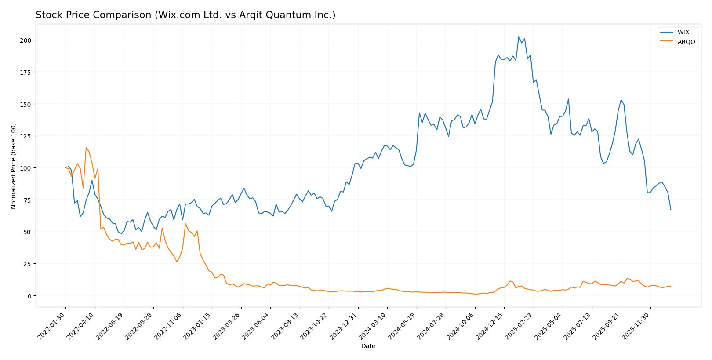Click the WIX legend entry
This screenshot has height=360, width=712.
683,32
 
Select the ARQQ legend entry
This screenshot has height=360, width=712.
686,42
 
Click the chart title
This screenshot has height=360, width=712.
185,15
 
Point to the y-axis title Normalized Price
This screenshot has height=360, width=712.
14,166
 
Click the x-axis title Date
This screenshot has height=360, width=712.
368,346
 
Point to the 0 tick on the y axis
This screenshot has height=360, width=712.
29,296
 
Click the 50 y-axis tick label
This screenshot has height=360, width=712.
26,232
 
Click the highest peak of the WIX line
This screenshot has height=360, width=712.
519,36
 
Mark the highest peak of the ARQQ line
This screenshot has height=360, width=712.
86,148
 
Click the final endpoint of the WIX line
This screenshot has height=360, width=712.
671,209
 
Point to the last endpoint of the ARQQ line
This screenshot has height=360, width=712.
671,287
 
